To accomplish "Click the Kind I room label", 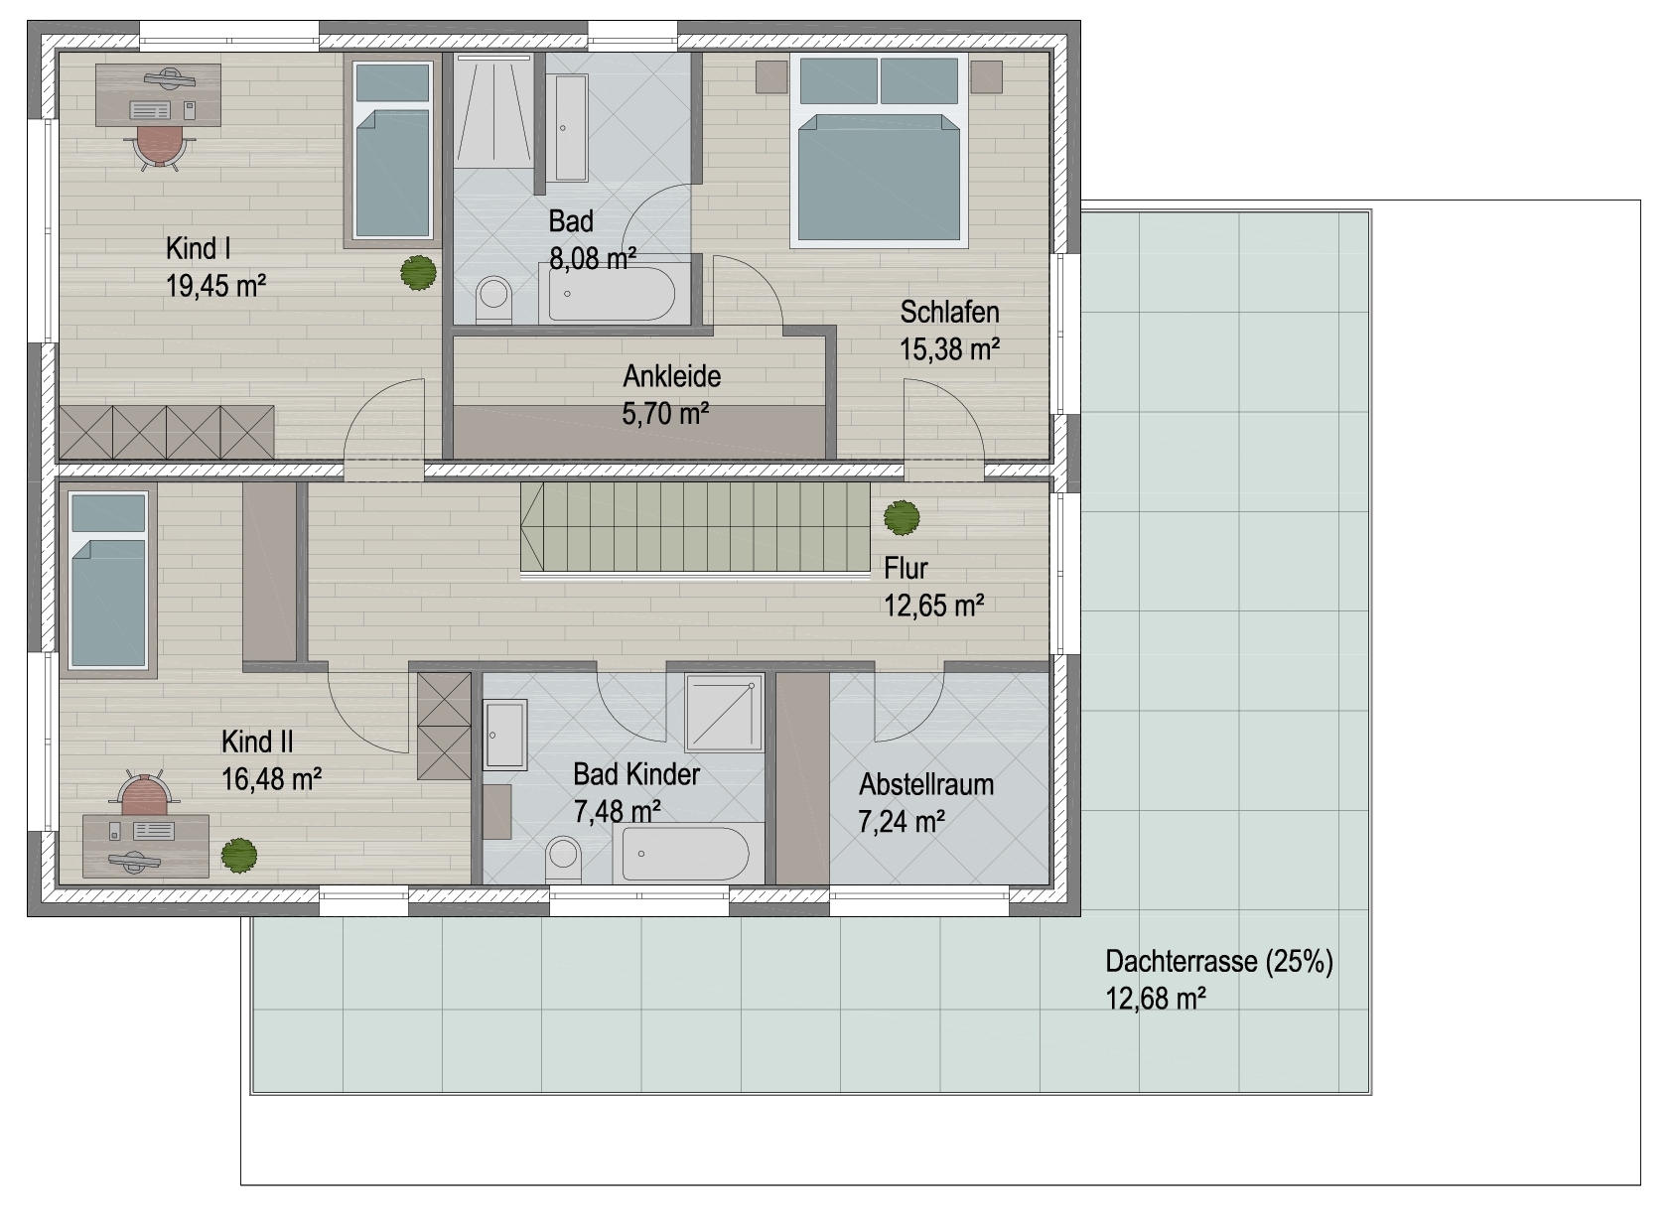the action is click(198, 248).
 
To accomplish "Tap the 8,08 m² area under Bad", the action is click(593, 259).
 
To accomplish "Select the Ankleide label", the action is click(671, 376).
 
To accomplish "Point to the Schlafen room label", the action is click(949, 312).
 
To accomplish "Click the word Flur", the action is click(906, 568).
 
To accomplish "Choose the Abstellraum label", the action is click(926, 784).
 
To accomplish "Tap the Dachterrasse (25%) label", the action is click(1219, 962).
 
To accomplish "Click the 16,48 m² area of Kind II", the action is click(271, 778).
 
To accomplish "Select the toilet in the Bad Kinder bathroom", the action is click(564, 860).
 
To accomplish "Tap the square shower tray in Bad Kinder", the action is click(724, 713).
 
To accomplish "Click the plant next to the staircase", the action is click(902, 516).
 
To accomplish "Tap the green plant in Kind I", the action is click(418, 273).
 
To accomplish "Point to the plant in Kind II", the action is click(239, 854).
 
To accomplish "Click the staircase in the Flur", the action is click(695, 526).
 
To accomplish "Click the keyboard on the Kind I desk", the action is click(150, 110).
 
